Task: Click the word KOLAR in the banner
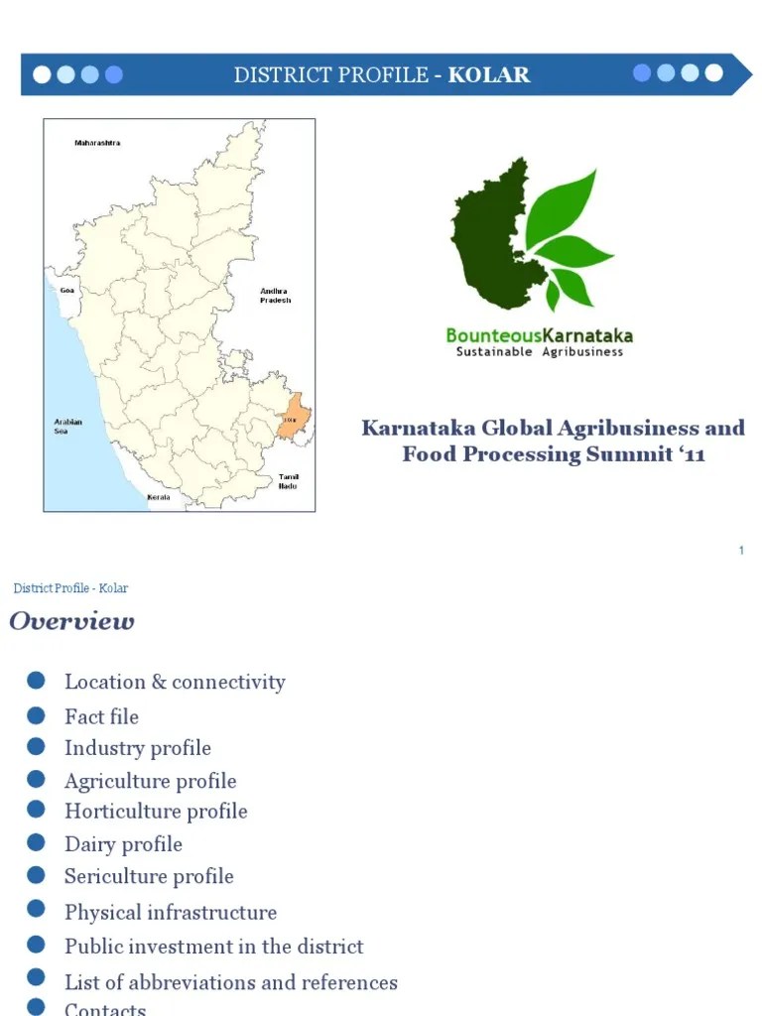[489, 75]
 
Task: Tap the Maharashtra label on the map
[97, 143]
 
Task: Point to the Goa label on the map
[67, 291]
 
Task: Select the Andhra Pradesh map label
[275, 296]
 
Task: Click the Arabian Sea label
[67, 427]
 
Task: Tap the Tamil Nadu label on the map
[289, 481]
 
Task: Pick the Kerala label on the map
[158, 497]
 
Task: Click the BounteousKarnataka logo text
[539, 335]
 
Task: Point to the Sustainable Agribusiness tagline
[539, 352]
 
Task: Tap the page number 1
[740, 551]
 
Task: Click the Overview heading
[71, 622]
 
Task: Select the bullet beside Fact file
[37, 715]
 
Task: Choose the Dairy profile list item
[123, 844]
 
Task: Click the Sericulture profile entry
[149, 876]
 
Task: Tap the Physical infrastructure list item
[171, 912]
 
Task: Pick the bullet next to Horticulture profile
[37, 810]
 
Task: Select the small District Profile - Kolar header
[70, 588]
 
